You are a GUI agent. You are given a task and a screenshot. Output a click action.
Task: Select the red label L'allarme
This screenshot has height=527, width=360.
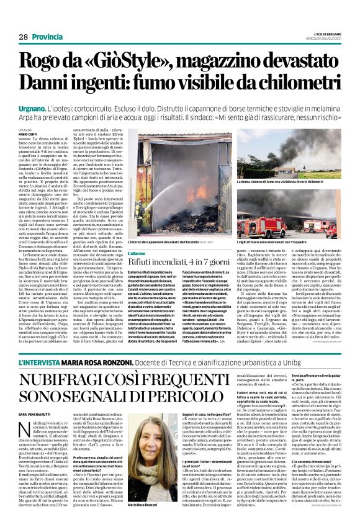[120, 253]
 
